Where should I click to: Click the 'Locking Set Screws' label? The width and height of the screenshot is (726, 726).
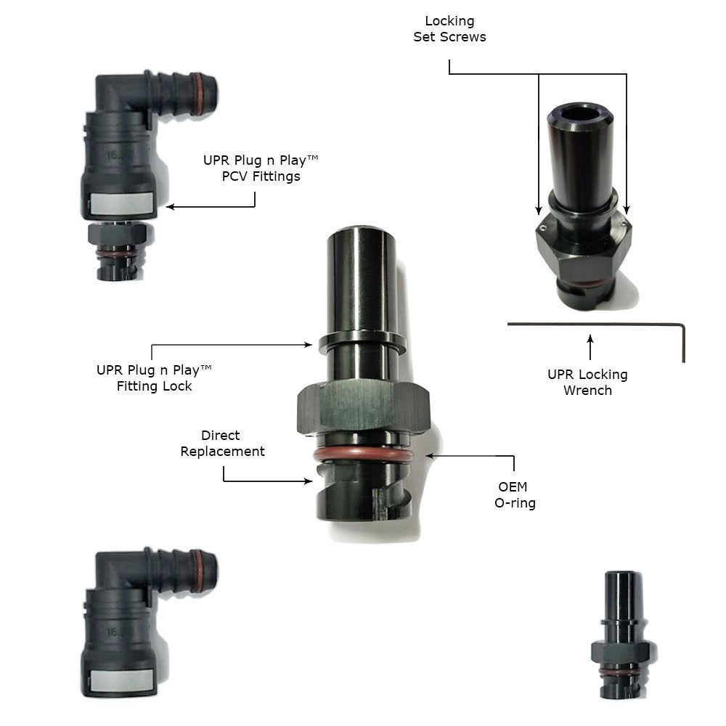pyautogui.click(x=449, y=29)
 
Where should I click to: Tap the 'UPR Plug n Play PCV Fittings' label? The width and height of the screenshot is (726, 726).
pyautogui.click(x=261, y=168)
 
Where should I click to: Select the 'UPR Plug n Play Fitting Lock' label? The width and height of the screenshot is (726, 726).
pyautogui.click(x=154, y=378)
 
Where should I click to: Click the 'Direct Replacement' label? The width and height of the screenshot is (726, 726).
pyautogui.click(x=222, y=443)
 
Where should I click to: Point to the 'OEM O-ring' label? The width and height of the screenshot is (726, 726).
pyautogui.click(x=515, y=494)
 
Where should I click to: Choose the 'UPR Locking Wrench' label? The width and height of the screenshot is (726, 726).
pyautogui.click(x=587, y=382)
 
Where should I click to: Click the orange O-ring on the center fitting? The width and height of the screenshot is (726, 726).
pyautogui.click(x=363, y=455)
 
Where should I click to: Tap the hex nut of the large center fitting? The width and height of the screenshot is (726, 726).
pyautogui.click(x=364, y=407)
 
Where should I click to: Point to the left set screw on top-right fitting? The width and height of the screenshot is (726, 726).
pyautogui.click(x=542, y=227)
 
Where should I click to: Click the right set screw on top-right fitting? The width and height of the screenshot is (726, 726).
pyautogui.click(x=623, y=223)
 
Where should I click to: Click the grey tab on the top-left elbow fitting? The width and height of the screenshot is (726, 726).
pyautogui.click(x=121, y=203)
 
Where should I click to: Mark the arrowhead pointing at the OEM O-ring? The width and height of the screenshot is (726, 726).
pyautogui.click(x=430, y=456)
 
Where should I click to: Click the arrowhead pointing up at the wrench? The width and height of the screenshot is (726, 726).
pyautogui.click(x=590, y=338)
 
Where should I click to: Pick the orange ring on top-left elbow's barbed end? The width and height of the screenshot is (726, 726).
pyautogui.click(x=197, y=93)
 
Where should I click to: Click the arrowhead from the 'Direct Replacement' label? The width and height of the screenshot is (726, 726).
pyautogui.click(x=308, y=481)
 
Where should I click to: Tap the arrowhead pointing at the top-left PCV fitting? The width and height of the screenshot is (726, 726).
pyautogui.click(x=170, y=206)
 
